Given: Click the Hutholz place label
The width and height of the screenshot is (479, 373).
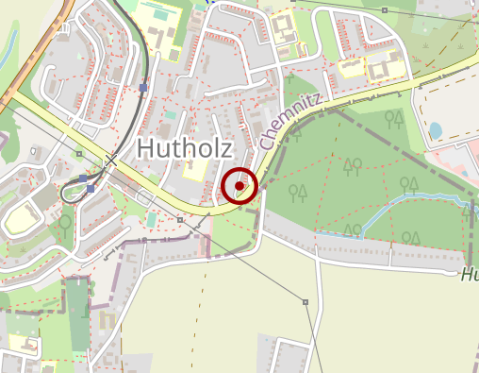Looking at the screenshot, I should click(x=185, y=146).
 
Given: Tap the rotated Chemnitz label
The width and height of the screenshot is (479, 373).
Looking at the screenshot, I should click(x=292, y=122).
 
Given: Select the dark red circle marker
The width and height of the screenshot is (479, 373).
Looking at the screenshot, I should click(x=240, y=186).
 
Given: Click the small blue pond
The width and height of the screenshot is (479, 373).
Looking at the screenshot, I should click(x=435, y=130).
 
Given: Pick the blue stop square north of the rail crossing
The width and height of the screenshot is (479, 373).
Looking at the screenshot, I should click(x=142, y=88).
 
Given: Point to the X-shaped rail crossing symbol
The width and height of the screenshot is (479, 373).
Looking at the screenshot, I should click(x=111, y=161).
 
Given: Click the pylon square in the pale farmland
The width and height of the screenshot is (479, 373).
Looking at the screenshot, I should click(x=306, y=302).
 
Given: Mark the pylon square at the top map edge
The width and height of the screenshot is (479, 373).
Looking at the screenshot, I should click(x=385, y=10).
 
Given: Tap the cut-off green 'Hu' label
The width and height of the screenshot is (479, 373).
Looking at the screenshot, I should click(x=470, y=276).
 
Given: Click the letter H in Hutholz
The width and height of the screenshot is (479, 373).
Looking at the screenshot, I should click(x=147, y=147).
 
